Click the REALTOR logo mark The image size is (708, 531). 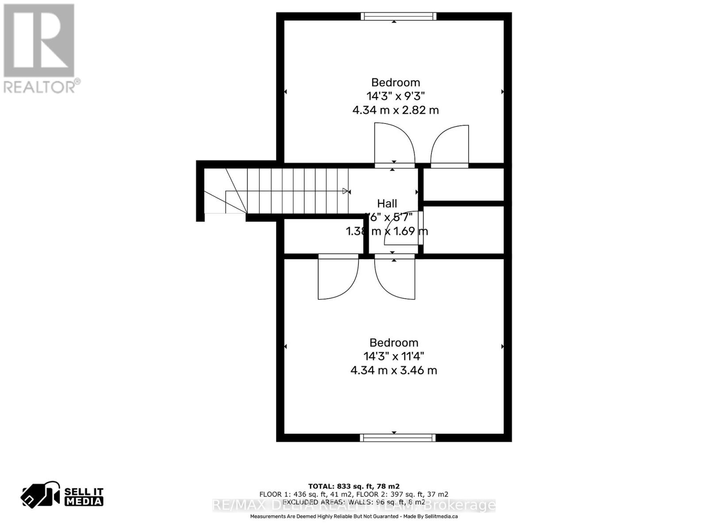39,40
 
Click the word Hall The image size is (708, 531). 387,204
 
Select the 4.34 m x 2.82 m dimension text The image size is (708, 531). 395,110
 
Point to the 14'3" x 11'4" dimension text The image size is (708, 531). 394,356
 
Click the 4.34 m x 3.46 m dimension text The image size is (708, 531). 394,370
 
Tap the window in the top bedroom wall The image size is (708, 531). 398,16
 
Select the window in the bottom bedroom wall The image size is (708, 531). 397,438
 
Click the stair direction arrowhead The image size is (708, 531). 346,191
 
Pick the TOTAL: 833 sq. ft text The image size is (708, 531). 354,486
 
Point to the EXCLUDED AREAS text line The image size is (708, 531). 354,502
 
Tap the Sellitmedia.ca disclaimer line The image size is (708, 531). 354,516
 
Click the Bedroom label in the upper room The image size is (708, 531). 395,82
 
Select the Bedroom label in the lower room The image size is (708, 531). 394,342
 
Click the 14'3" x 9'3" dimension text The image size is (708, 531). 395,96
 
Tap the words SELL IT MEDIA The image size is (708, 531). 84,496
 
